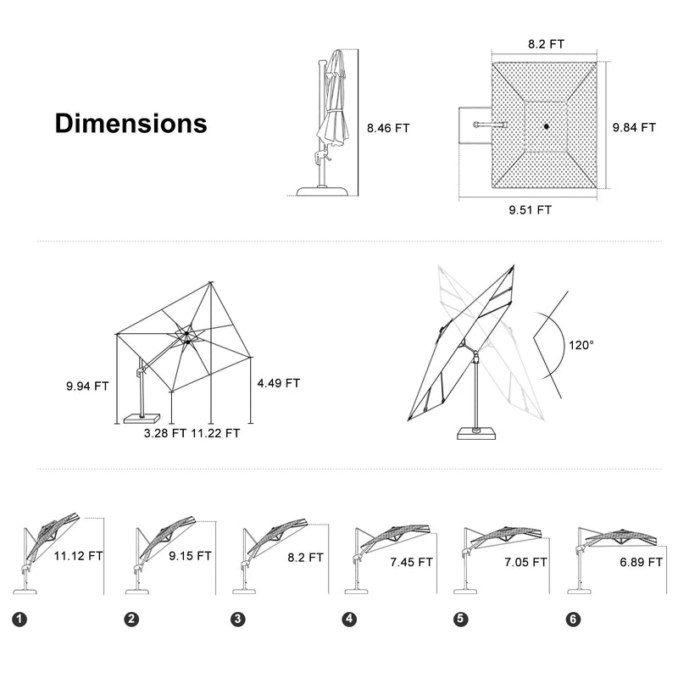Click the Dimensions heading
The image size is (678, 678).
click(x=131, y=123)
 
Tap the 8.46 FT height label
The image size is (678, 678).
click(x=388, y=129)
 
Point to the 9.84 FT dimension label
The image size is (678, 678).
click(x=635, y=128)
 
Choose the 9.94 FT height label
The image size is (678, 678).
click(x=87, y=386)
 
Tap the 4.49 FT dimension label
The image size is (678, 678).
click(x=279, y=383)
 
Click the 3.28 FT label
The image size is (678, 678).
click(x=164, y=433)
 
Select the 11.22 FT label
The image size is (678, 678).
click(x=215, y=433)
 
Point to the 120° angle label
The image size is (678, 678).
click(x=581, y=345)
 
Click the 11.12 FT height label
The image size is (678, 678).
click(x=78, y=556)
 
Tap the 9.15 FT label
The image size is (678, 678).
click(x=190, y=556)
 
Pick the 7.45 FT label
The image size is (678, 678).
click(x=411, y=561)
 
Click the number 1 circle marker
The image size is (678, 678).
click(x=19, y=620)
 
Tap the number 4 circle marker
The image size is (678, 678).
click(x=349, y=620)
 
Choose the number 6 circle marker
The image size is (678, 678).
click(x=575, y=620)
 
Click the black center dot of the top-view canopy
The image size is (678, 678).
click(x=546, y=128)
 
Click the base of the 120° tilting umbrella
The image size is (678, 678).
click(x=475, y=433)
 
